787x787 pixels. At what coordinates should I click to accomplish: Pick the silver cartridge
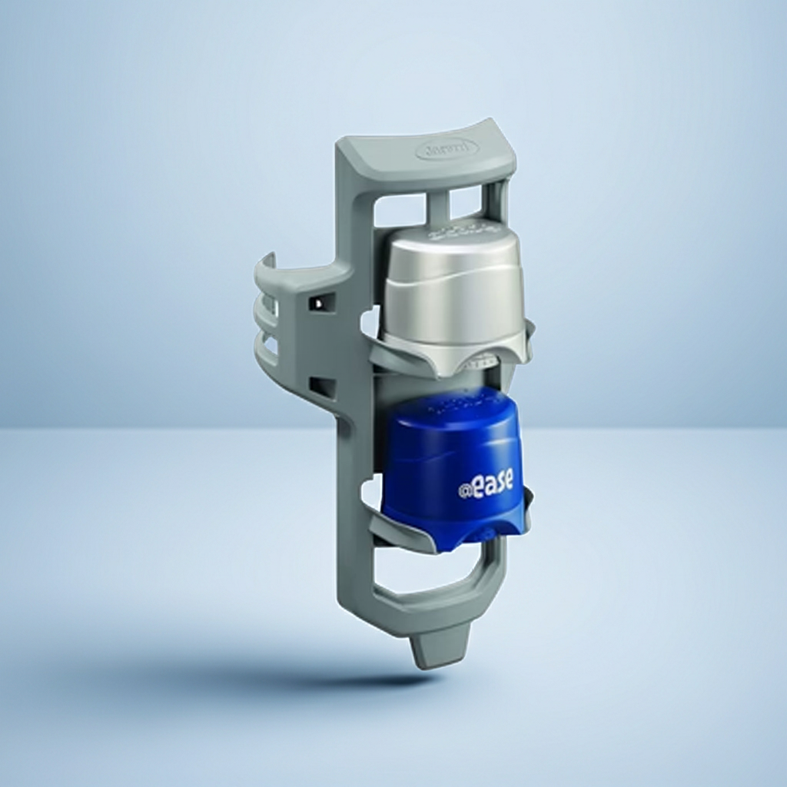pyautogui.click(x=453, y=296)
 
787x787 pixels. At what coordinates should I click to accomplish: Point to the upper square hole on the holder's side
pyautogui.click(x=317, y=303)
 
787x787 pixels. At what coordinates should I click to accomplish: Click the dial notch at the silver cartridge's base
pyautogui.click(x=484, y=358)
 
